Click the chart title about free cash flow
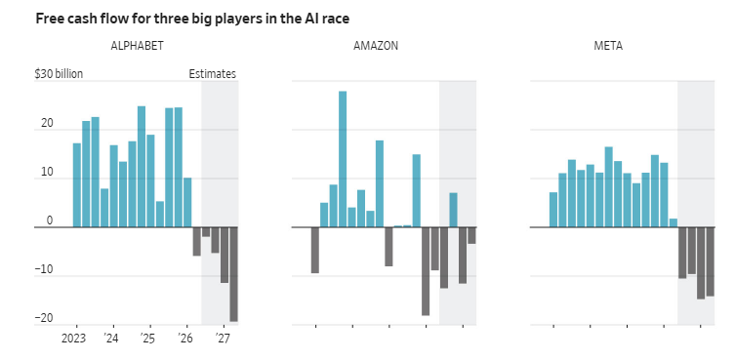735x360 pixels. click(x=192, y=20)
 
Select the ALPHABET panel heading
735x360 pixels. click(x=137, y=46)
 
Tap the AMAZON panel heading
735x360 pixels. click(x=376, y=46)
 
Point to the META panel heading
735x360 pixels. click(x=608, y=46)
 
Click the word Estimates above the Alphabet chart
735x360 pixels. click(x=213, y=74)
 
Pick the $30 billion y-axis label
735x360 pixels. click(x=59, y=74)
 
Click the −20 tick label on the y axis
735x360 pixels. click(x=44, y=318)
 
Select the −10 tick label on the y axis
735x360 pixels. click(x=44, y=269)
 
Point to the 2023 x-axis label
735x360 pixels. click(x=73, y=339)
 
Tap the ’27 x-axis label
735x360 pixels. click(x=223, y=339)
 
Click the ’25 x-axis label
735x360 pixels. click(x=147, y=339)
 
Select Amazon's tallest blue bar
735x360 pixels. click(x=343, y=159)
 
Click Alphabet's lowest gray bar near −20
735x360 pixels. click(x=233, y=274)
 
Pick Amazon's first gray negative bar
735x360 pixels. click(x=315, y=250)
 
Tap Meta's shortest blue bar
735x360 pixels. click(x=674, y=223)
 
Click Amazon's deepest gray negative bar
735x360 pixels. click(x=426, y=271)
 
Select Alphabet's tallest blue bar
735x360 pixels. click(x=142, y=167)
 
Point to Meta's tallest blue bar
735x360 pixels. click(x=608, y=187)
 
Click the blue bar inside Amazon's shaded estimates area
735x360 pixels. click(x=453, y=210)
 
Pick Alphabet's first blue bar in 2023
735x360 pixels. click(x=77, y=185)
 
